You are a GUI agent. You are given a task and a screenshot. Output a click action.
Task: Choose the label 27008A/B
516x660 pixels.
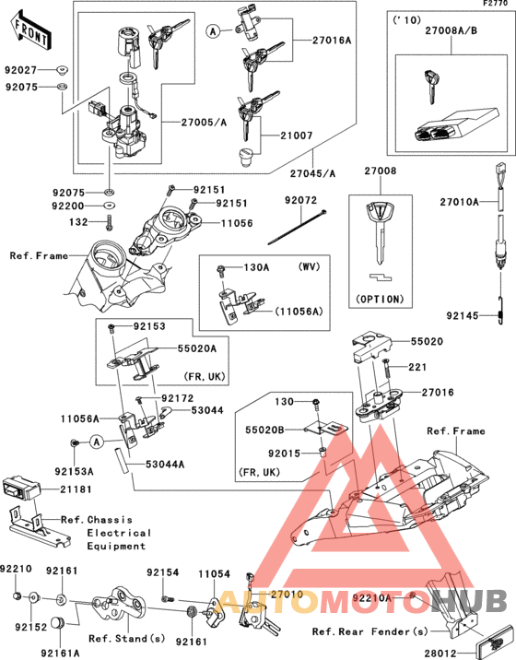coord(451,32)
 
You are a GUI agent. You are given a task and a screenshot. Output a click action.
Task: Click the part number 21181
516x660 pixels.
coord(78,488)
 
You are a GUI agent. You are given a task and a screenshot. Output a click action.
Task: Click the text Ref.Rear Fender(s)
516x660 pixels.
coord(369,631)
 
